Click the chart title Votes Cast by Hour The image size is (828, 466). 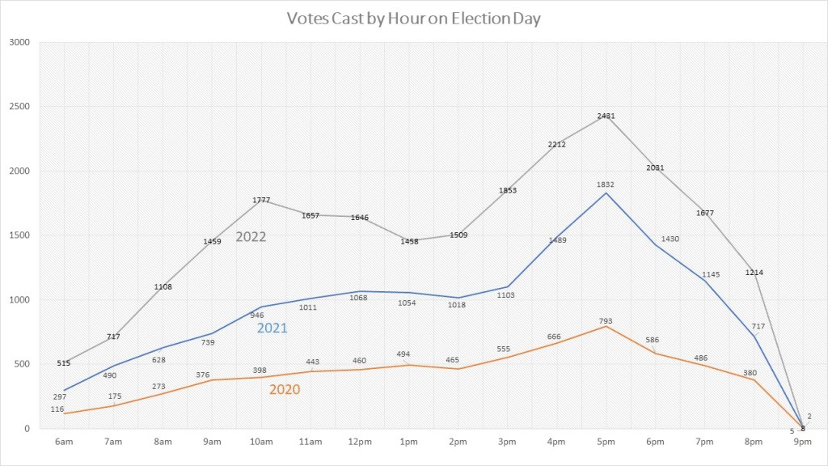pyautogui.click(x=413, y=18)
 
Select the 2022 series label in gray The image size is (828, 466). pyautogui.click(x=251, y=237)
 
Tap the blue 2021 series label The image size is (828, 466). pyautogui.click(x=272, y=328)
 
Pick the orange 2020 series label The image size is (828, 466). pyautogui.click(x=284, y=390)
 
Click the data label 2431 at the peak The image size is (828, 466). pyautogui.click(x=606, y=116)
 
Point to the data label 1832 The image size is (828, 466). pyautogui.click(x=606, y=184)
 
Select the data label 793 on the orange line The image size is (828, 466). pyautogui.click(x=606, y=320)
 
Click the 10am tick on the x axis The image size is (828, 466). pyautogui.click(x=260, y=442)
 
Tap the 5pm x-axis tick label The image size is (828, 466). pyautogui.click(x=606, y=442)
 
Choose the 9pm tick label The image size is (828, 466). pyautogui.click(x=803, y=442)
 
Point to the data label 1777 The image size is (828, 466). pyautogui.click(x=260, y=200)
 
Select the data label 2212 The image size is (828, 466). pyautogui.click(x=556, y=144)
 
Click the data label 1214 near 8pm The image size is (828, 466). pyautogui.click(x=754, y=273)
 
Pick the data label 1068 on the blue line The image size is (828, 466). pyautogui.click(x=359, y=298)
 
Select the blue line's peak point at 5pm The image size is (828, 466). pyautogui.click(x=606, y=193)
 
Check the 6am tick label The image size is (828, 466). pyautogui.click(x=63, y=442)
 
